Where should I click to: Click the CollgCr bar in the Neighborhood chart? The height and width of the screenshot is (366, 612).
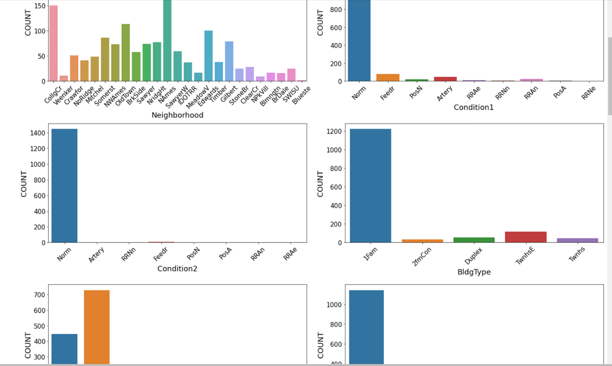(x=53, y=44)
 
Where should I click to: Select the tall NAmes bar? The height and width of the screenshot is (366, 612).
(x=167, y=41)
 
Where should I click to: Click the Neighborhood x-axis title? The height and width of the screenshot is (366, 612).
(x=177, y=115)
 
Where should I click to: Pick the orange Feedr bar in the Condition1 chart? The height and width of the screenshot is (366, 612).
(x=388, y=78)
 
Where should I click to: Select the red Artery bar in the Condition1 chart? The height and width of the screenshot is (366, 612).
(x=445, y=79)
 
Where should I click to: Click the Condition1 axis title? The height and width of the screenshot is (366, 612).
(x=474, y=107)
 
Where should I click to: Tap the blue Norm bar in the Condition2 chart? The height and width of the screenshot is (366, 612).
(x=64, y=185)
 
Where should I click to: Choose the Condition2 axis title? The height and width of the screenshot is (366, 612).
(x=177, y=268)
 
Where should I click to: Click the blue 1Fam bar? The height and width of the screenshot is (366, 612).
(x=371, y=185)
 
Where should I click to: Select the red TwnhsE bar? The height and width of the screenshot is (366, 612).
(x=526, y=237)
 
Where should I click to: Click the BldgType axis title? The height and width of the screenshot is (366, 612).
(x=474, y=272)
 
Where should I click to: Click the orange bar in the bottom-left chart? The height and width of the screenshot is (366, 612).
(x=97, y=327)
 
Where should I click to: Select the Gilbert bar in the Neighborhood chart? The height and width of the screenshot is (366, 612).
(x=229, y=61)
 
